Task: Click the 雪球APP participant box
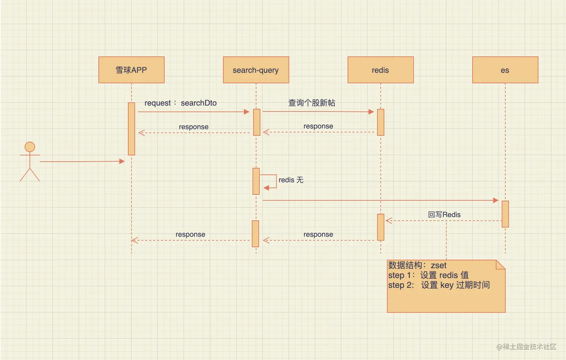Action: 131,70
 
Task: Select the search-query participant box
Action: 256,70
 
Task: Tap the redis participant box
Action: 380,70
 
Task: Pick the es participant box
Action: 505,70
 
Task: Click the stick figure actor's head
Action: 30,147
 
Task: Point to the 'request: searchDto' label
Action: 180,103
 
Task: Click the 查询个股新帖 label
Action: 311,103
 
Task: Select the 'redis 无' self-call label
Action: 291,180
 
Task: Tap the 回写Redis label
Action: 444,214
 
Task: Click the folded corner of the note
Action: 500,265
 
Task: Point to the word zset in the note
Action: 439,265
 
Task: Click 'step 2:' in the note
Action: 401,285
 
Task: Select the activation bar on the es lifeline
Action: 505,214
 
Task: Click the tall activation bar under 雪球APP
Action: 131,129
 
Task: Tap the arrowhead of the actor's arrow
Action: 122,161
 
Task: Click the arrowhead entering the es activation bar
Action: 496,200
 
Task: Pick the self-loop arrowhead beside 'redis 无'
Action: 266,188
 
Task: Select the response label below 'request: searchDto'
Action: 194,127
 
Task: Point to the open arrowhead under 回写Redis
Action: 389,220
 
